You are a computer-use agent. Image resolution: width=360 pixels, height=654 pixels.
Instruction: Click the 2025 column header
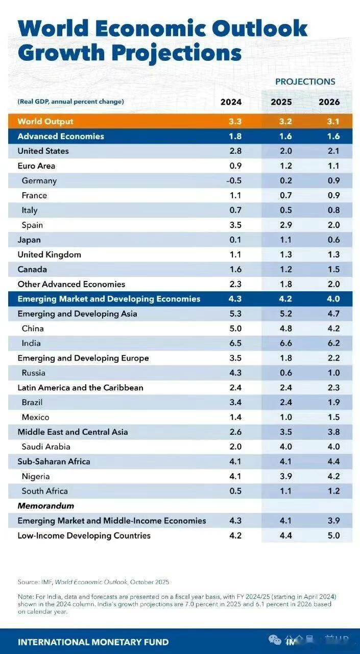pos(281,102)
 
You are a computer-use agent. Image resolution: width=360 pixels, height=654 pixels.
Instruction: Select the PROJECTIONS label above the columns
pos(305,82)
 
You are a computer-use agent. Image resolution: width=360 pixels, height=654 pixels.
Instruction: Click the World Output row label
pos(45,122)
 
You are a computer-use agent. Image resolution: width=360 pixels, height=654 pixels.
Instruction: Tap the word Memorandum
pos(46,506)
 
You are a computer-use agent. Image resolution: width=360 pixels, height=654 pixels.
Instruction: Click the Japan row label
pos(29,240)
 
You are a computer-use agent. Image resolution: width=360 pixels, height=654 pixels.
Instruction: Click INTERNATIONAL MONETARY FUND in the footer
pos(93,642)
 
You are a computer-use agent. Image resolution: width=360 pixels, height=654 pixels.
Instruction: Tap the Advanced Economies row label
pos(61,136)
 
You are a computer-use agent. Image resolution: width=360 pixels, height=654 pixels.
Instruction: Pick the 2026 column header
pos(329,102)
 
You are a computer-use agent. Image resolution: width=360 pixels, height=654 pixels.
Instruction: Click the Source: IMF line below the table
pos(93,582)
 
